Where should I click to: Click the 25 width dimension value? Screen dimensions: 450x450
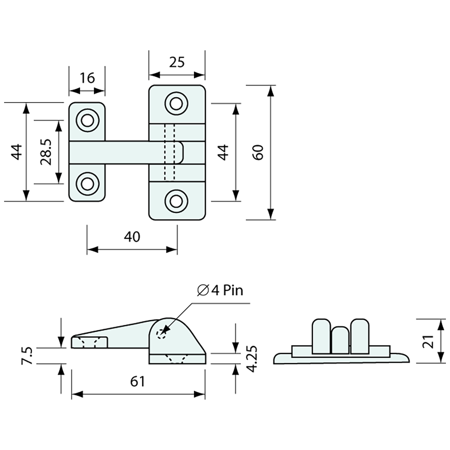coord(177,62)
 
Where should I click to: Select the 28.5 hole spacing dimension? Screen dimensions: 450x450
coord(45,151)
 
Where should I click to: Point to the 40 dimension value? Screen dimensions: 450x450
coord(132,236)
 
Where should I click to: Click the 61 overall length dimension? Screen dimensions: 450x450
coord(138,382)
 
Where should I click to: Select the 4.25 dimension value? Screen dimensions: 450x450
coord(253,359)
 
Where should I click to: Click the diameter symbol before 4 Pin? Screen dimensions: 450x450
coord(202,290)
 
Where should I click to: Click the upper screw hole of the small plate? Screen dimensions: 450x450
coord(87,121)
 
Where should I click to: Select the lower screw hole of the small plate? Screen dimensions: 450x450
coord(87,183)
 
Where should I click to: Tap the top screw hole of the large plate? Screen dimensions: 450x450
coord(176,103)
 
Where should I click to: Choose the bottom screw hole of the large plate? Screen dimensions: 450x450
coord(176,201)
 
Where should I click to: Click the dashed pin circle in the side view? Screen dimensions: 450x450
coord(162,333)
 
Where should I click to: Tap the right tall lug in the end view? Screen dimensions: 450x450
coord(360,335)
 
